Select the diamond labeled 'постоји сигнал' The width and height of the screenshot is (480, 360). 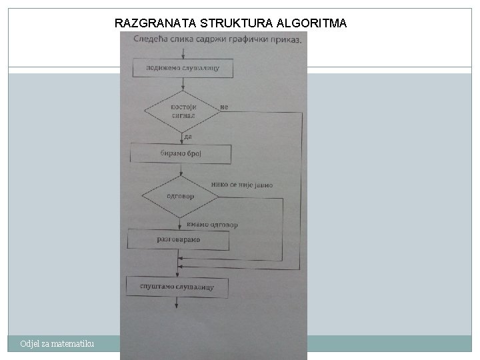pyautogui.click(x=181, y=111)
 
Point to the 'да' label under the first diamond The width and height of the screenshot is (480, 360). pyautogui.click(x=188, y=137)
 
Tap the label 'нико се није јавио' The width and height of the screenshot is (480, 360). pyautogui.click(x=241, y=185)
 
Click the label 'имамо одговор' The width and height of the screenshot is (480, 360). pyautogui.click(x=212, y=225)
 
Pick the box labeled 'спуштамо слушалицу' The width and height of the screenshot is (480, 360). pyautogui.click(x=177, y=287)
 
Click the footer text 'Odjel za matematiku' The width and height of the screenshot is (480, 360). pyautogui.click(x=57, y=343)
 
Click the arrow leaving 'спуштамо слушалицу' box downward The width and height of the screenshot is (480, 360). pyautogui.click(x=177, y=303)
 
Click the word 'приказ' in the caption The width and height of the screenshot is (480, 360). pyautogui.click(x=283, y=39)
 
